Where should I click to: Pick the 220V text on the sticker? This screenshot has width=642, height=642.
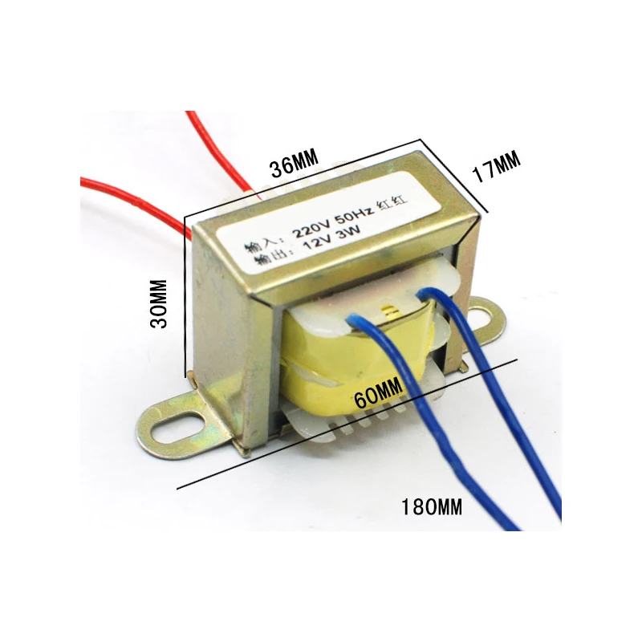click(311, 230)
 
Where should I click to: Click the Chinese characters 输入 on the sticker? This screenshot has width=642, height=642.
click(259, 244)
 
